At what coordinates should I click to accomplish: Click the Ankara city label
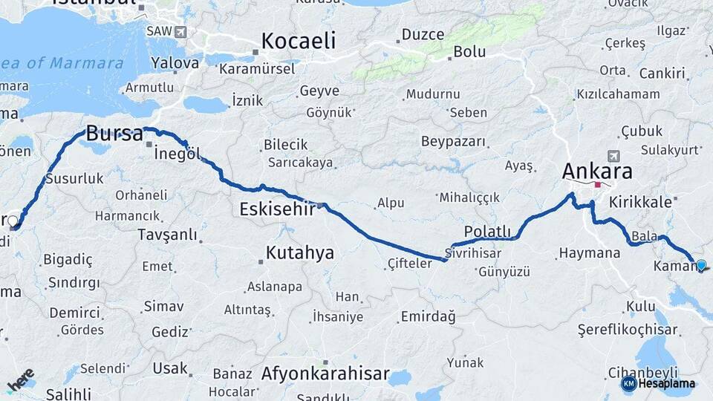(597, 171)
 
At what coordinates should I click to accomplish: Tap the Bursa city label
(114, 134)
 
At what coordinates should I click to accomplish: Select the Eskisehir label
(277, 209)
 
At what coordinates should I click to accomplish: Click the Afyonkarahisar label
(325, 374)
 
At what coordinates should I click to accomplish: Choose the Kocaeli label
(298, 40)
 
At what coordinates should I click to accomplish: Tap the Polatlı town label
(487, 231)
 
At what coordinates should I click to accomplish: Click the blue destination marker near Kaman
(700, 264)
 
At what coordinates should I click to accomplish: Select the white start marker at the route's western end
(13, 221)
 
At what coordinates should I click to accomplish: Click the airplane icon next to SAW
(180, 32)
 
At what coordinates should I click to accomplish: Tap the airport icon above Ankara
(613, 156)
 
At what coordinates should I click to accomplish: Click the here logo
(21, 379)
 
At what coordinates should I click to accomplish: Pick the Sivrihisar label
(473, 253)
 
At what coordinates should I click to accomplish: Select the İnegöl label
(177, 154)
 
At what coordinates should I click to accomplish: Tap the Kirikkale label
(639, 202)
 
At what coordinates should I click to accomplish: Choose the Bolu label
(469, 52)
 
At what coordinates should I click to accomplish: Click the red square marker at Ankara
(597, 184)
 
